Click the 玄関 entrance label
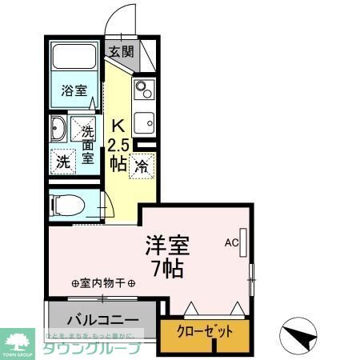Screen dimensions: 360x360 coord(122,52)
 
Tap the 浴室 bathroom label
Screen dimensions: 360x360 coord(75,90)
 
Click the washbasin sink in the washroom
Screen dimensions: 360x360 coord(59,129)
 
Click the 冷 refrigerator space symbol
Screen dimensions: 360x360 coord(141,166)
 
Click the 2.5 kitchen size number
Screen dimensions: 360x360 coord(118,144)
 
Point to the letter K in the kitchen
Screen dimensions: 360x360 coord(117,126)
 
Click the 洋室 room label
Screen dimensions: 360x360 coord(167,244)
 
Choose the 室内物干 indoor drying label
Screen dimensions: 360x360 coord(103,283)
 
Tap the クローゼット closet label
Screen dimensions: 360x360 coord(206,331)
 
